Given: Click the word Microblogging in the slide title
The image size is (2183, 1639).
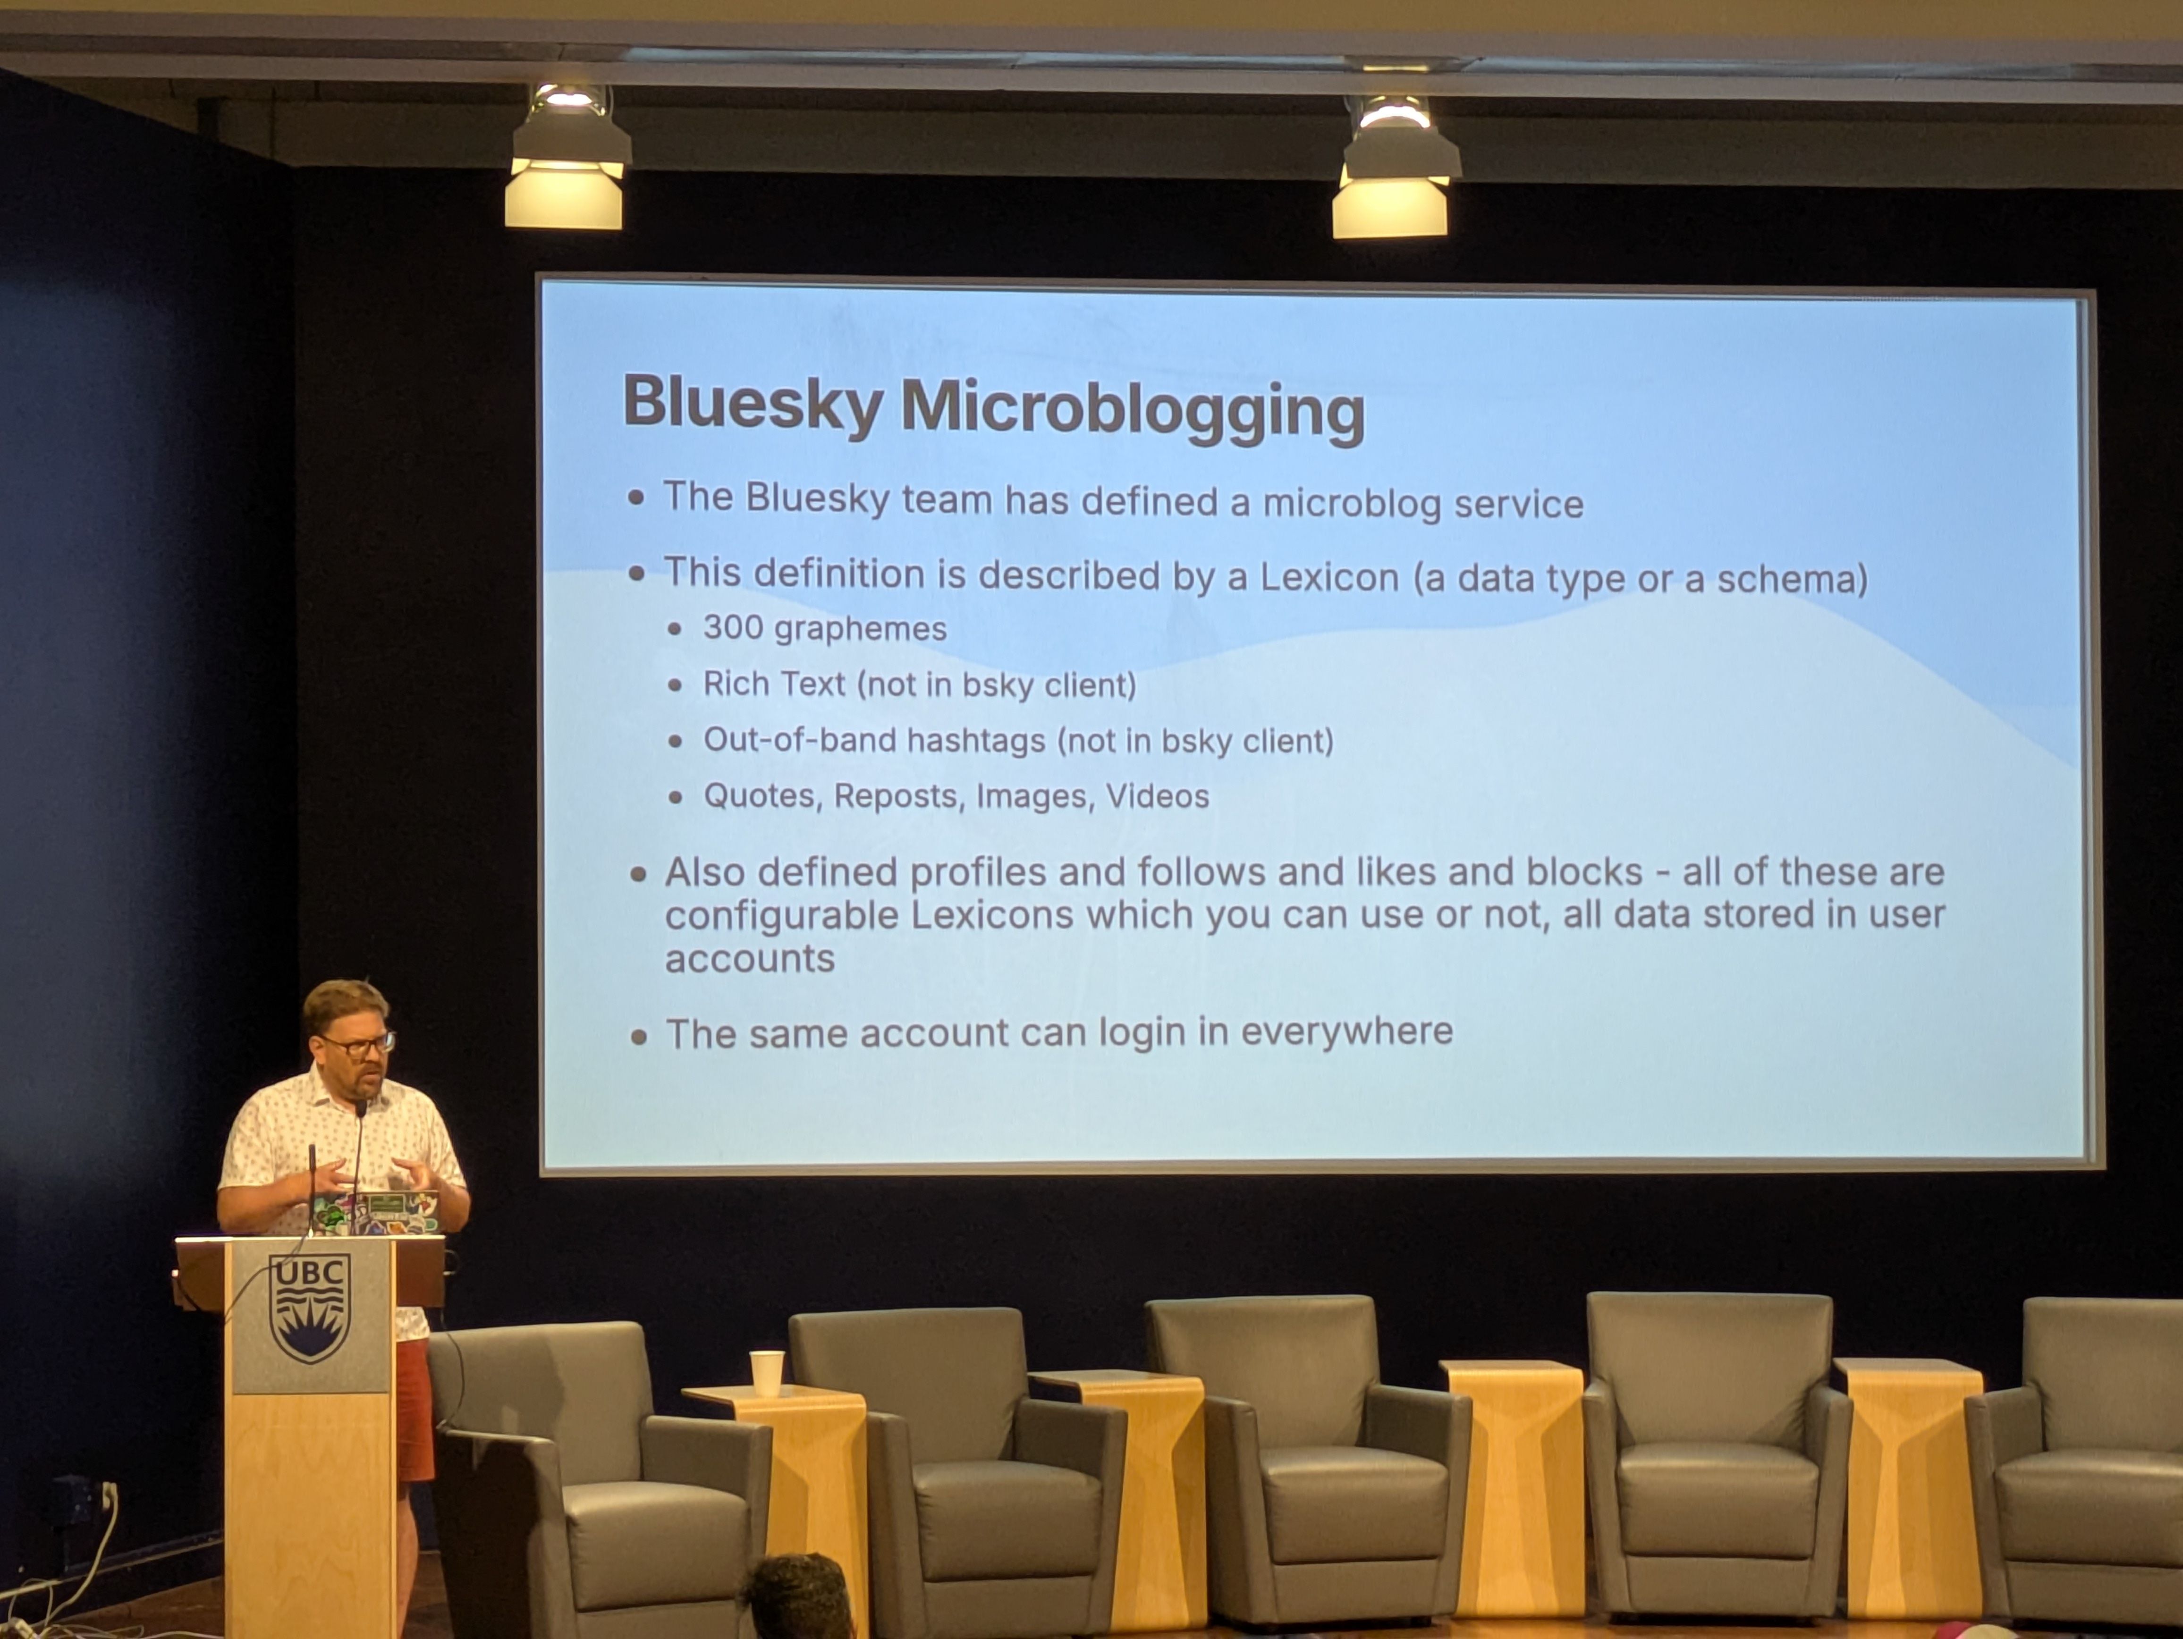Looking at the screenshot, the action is (1133, 408).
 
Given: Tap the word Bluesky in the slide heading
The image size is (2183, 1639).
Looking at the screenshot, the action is (752, 403).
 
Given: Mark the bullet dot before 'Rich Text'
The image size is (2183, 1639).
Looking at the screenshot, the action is (675, 685).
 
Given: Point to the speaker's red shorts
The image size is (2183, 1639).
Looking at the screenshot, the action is (415, 1411).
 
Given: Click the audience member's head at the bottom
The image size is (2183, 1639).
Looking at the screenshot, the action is (799, 1598).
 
